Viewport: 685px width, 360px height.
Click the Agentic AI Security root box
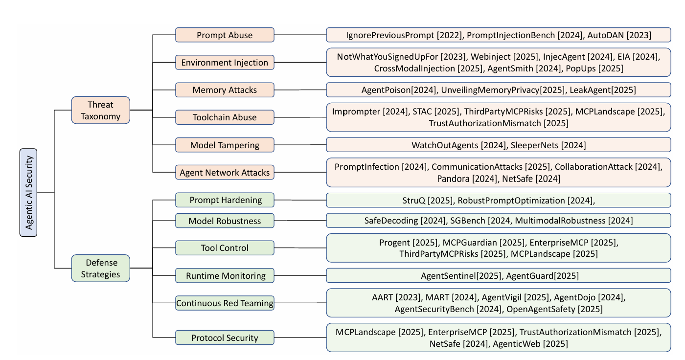(28, 193)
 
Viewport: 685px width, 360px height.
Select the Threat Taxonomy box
(100, 110)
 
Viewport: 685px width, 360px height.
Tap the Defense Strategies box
(100, 268)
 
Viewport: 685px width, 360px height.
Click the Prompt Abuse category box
(225, 35)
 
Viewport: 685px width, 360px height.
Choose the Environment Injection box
(225, 63)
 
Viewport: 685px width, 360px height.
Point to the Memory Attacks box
(225, 90)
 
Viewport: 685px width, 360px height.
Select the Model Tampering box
(225, 145)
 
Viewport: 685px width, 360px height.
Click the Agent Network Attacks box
(225, 172)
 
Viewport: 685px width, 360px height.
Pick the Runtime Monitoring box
(225, 275)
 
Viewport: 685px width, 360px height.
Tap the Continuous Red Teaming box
(225, 303)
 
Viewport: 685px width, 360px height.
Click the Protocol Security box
(225, 337)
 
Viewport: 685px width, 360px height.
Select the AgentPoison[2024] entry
(399, 90)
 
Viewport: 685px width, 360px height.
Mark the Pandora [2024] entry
(467, 179)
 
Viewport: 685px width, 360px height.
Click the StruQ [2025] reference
(425, 200)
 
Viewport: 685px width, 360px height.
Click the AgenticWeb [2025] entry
(530, 344)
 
